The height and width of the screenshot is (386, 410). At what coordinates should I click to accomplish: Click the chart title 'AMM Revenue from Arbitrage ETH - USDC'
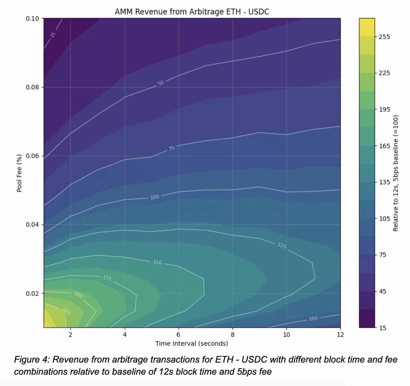pos(192,12)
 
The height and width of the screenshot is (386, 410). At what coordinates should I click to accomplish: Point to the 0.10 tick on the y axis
pos(32,19)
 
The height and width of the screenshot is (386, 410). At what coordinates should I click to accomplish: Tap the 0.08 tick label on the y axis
pos(32,87)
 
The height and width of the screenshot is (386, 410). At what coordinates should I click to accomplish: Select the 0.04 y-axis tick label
pos(32,224)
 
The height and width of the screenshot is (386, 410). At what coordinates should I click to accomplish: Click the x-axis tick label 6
pos(178,335)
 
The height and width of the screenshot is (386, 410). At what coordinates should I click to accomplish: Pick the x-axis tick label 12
pos(340,335)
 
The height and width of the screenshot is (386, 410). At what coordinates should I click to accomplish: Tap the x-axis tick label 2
pos(70,335)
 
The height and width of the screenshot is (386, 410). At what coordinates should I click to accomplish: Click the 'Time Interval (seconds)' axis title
pos(191,343)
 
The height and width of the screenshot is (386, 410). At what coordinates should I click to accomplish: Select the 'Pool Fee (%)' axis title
pos(19,173)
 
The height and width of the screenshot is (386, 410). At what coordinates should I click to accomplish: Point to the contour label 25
pos(53,35)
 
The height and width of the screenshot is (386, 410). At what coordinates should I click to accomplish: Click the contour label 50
pos(161,83)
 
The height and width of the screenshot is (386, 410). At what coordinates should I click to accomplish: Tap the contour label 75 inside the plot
pos(171,148)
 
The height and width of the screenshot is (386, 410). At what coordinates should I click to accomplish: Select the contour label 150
pos(157,262)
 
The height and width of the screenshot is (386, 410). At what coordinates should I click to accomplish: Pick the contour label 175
pos(107,278)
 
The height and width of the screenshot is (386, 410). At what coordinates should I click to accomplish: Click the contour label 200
pos(78,295)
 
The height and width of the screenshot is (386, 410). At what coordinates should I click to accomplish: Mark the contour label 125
pos(282,245)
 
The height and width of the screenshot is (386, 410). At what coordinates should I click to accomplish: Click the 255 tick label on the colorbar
pos(384,37)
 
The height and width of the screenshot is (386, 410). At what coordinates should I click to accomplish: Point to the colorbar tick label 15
pos(383,328)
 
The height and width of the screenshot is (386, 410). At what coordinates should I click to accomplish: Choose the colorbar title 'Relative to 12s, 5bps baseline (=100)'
pos(395,173)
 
